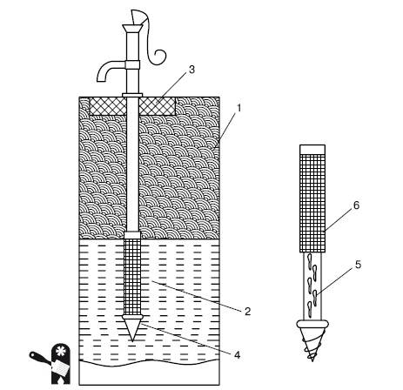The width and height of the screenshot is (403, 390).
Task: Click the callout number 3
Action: pyautogui.click(x=191, y=70)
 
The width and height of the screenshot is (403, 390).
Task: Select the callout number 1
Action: pyautogui.click(x=239, y=108)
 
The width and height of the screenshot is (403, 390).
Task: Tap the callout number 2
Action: pyautogui.click(x=247, y=312)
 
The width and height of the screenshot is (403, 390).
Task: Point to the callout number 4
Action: pyautogui.click(x=238, y=354)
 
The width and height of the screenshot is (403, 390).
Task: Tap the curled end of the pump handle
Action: pyautogui.click(x=159, y=57)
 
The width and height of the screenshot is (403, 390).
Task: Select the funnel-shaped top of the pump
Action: pyautogui.click(x=132, y=29)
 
